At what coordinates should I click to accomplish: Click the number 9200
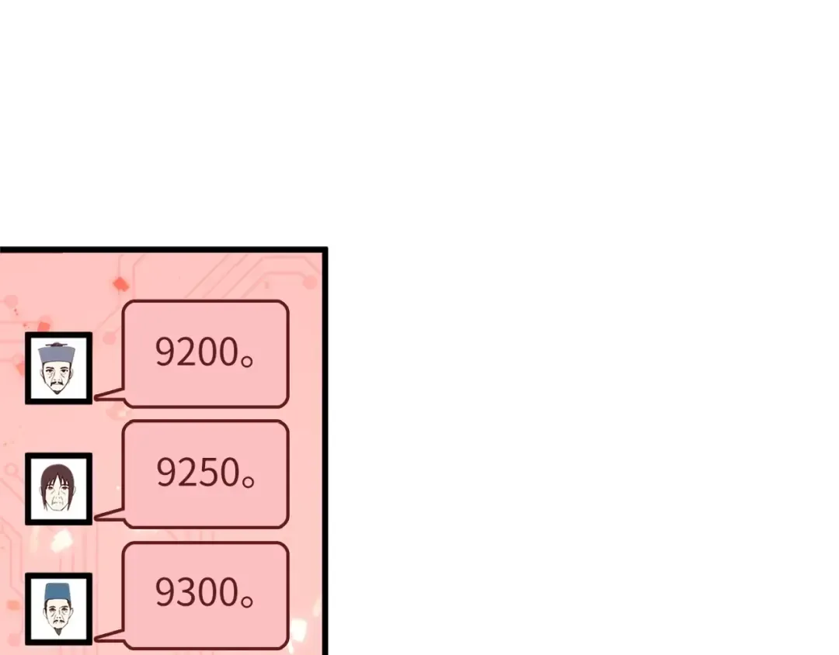(x=197, y=352)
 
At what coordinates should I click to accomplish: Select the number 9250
(x=197, y=472)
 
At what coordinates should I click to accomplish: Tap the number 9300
(x=197, y=592)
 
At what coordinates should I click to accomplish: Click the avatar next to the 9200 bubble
(x=58, y=368)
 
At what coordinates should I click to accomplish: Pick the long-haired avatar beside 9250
(x=58, y=489)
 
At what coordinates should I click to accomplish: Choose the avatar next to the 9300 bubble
(x=58, y=609)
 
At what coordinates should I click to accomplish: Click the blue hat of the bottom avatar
(x=57, y=592)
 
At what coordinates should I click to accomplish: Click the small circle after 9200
(x=247, y=362)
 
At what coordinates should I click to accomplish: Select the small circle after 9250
(x=248, y=482)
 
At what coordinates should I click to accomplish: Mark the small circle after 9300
(x=247, y=602)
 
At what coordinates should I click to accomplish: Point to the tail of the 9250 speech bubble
(x=110, y=515)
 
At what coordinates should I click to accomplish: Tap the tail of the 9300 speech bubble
(x=110, y=636)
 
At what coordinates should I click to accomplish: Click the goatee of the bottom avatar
(x=57, y=631)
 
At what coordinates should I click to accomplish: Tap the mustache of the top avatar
(x=57, y=384)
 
